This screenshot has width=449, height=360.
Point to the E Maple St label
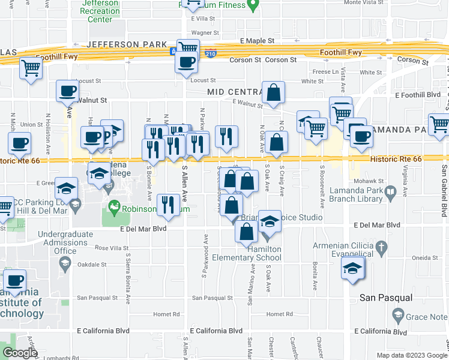[257, 41]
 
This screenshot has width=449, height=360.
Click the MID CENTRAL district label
[235, 92]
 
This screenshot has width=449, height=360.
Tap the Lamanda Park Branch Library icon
[390, 192]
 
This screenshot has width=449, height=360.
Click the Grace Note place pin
[397, 314]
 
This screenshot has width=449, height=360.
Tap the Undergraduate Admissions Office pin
[66, 262]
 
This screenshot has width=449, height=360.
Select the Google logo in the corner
[20, 352]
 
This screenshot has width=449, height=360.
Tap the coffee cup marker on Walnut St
[67, 92]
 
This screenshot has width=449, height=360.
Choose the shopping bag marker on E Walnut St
[273, 93]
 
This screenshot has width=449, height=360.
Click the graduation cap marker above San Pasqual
[353, 268]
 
